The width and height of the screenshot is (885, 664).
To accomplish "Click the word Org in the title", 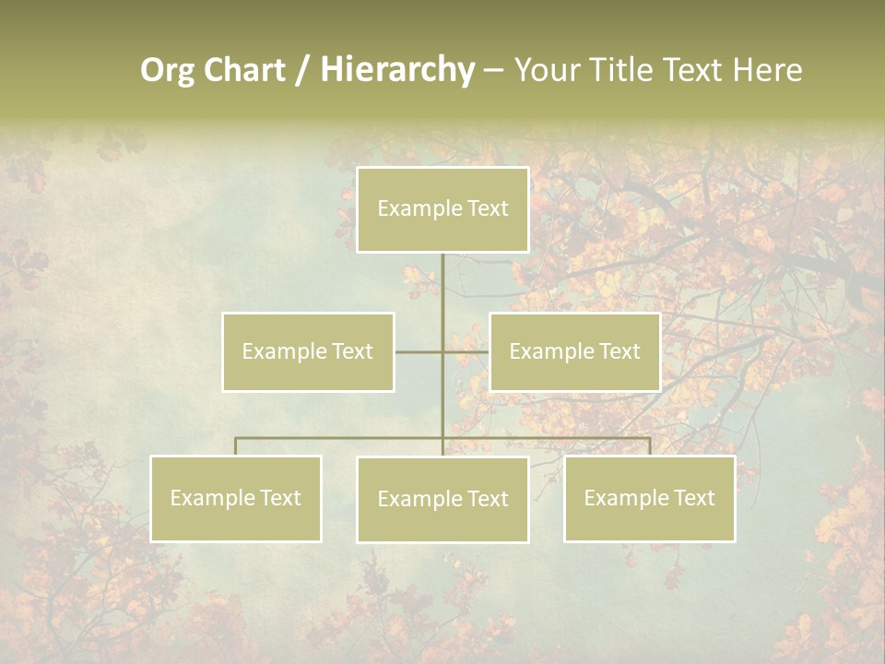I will click(x=167, y=70).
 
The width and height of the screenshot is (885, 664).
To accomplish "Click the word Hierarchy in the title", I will click(x=397, y=70).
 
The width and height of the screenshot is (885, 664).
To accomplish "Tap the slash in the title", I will click(x=301, y=70).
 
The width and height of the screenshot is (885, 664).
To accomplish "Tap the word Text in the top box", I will click(x=489, y=208).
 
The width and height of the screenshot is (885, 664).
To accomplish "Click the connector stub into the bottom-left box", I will click(x=235, y=446).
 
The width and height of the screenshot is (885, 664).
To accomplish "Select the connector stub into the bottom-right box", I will click(x=650, y=446).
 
